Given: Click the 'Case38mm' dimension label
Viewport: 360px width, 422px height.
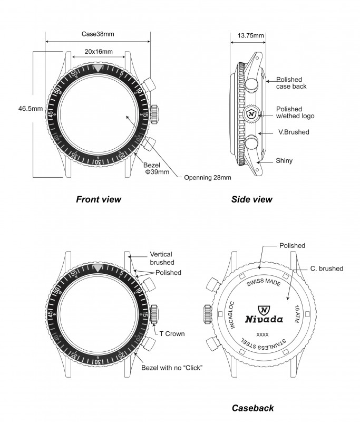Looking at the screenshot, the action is [x=98, y=34].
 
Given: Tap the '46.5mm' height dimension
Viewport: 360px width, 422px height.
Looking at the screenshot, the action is [x=31, y=109].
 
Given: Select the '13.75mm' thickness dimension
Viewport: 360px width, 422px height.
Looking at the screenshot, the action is [x=251, y=35].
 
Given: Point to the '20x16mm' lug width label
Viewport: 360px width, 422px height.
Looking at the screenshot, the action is [x=99, y=51].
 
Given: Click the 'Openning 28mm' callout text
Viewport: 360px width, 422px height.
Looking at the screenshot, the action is [x=208, y=178].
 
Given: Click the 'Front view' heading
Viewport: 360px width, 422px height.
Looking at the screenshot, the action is [x=99, y=199].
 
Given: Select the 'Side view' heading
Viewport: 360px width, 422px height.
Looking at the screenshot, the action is [x=251, y=199].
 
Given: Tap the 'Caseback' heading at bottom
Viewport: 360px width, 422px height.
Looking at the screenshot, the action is [x=252, y=408].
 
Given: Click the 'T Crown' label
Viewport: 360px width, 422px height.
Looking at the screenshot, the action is [x=172, y=334].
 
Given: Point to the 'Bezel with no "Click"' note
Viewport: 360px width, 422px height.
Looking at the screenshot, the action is [x=172, y=368].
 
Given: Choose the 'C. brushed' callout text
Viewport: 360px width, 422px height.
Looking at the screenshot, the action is [x=327, y=268].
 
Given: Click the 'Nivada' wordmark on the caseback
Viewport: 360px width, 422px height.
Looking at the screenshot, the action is [x=264, y=320].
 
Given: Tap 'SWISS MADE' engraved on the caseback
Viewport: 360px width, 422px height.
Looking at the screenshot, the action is [x=264, y=282].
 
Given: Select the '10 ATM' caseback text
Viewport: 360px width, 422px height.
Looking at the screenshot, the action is [x=297, y=314].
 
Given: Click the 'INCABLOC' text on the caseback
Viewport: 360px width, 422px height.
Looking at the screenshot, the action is [x=231, y=315].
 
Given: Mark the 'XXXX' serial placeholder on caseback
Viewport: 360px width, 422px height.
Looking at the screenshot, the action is [x=262, y=334].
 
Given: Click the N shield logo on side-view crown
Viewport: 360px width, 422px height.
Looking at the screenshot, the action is [x=251, y=114].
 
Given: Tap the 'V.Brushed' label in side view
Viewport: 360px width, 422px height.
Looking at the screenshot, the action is [x=294, y=132].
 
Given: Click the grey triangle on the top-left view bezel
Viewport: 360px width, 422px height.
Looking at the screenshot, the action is [x=98, y=68].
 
